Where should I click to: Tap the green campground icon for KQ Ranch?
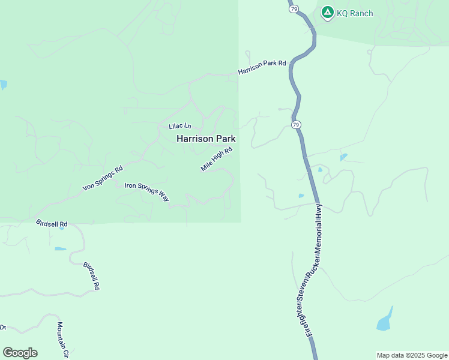[327, 12]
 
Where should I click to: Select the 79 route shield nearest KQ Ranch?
[293, 10]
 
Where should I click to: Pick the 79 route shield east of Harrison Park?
[296, 124]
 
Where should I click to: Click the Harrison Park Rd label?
[262, 67]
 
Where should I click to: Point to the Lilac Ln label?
[179, 126]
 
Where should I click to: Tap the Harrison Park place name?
[205, 139]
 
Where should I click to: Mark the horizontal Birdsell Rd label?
[52, 224]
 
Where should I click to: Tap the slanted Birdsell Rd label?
[91, 275]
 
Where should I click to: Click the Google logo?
[20, 353]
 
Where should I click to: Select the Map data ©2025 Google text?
[412, 355]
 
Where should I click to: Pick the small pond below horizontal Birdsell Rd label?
[60, 248]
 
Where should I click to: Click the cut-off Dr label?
[2, 328]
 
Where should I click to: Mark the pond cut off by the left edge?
[3, 85]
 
